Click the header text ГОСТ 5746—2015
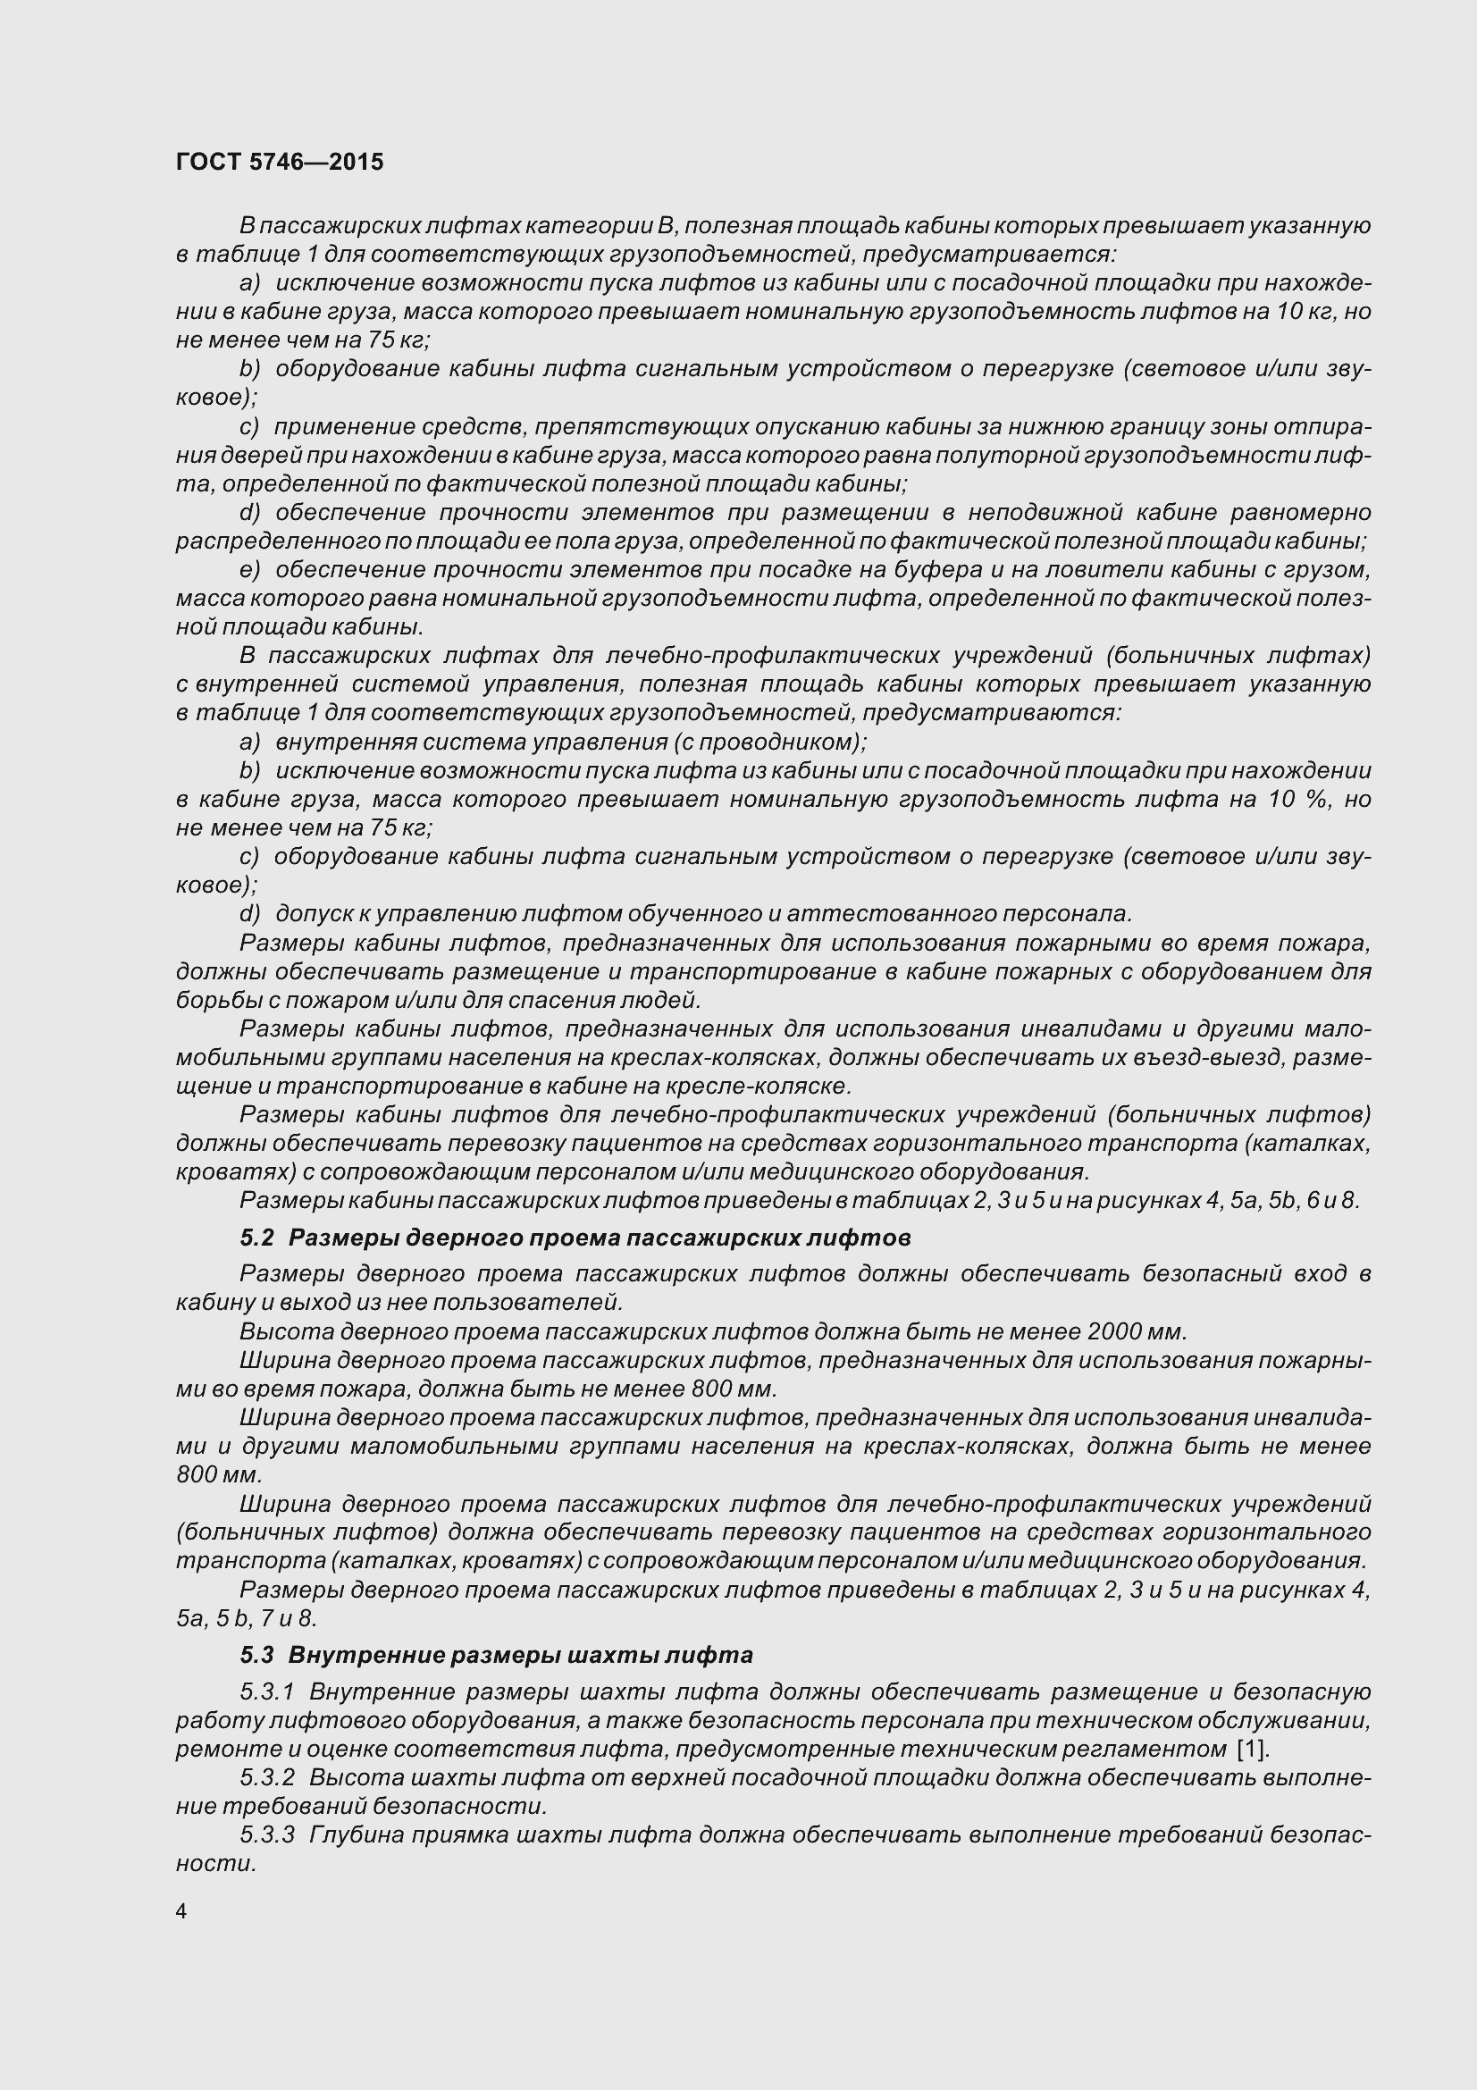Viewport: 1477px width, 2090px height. pyautogui.click(x=280, y=162)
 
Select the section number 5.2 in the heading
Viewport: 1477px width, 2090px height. pyautogui.click(x=256, y=1238)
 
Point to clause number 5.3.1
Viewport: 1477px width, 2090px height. pyautogui.click(x=267, y=1691)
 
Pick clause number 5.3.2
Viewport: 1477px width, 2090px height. pyautogui.click(x=267, y=1777)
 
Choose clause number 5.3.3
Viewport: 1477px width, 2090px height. pyautogui.click(x=267, y=1834)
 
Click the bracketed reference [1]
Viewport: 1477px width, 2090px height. pyautogui.click(x=1252, y=1749)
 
